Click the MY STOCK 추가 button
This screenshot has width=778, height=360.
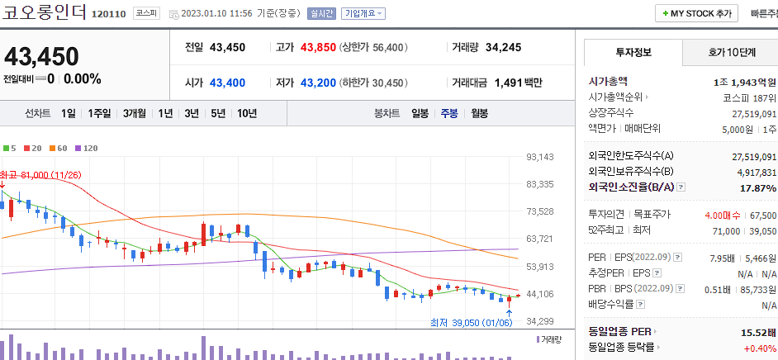click(697, 13)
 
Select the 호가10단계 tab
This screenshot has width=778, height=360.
click(731, 52)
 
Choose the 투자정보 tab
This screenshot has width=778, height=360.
click(633, 52)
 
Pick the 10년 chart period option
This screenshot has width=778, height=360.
click(246, 113)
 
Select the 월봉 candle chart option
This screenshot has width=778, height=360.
click(480, 113)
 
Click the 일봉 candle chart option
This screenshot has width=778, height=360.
click(420, 113)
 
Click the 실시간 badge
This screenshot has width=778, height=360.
click(320, 14)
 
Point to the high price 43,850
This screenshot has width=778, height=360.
click(318, 47)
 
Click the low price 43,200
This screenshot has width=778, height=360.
click(318, 83)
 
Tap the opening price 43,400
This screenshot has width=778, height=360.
click(227, 83)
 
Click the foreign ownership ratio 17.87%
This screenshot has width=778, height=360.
click(757, 187)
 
